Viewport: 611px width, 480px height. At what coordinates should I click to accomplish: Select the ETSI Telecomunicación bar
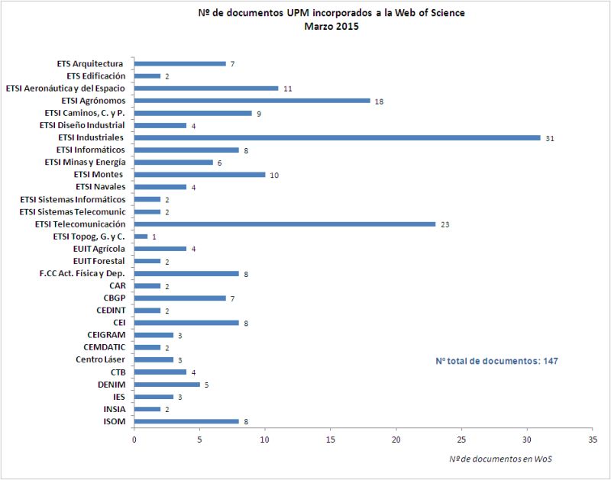[284, 224]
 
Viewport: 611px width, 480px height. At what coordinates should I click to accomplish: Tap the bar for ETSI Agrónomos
[251, 101]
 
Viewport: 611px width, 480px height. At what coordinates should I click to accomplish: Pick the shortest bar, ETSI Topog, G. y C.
[141, 237]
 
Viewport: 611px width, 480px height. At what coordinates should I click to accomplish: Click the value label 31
[549, 138]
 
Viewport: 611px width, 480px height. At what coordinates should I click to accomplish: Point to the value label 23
[445, 224]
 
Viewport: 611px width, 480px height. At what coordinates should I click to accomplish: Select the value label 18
[379, 101]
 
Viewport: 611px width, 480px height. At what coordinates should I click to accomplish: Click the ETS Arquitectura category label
[90, 63]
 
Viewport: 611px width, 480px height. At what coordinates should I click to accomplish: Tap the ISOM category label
[114, 421]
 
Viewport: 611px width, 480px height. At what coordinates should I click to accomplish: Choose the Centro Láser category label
[101, 359]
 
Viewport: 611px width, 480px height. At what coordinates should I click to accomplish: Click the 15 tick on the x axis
[331, 440]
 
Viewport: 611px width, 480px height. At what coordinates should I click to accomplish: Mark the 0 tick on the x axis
[134, 440]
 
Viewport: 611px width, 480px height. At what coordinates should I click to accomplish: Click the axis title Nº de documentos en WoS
[499, 458]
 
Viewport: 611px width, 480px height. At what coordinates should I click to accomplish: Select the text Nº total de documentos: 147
[497, 360]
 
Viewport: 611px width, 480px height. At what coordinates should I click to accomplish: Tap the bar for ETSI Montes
[199, 174]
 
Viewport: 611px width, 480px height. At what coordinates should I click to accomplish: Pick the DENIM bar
[166, 384]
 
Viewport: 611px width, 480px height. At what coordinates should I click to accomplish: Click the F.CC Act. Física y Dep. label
[82, 273]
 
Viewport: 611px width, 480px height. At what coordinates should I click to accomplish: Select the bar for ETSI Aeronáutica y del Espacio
[205, 88]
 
